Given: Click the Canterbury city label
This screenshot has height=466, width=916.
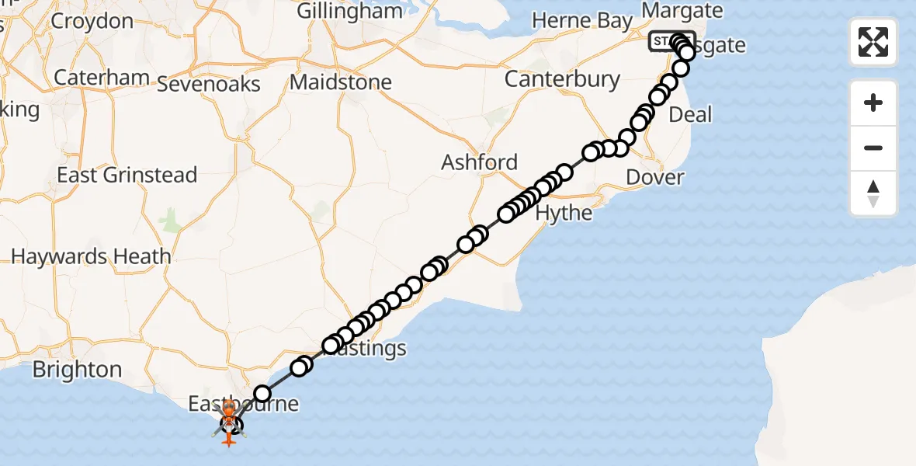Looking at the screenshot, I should click(562, 79).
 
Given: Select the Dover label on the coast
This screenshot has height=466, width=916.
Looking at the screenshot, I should click(654, 177).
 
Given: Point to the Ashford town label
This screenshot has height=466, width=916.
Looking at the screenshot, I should click(479, 162).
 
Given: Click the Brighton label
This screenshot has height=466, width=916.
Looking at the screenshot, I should click(77, 369).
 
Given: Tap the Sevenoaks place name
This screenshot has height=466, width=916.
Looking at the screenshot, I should click(208, 84).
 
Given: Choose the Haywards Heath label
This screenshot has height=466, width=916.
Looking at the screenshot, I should click(91, 256).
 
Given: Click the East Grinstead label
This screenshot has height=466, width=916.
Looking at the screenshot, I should click(127, 175).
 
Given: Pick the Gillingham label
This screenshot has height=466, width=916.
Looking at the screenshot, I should click(351, 11).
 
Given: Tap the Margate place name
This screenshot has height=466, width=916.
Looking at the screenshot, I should click(682, 11).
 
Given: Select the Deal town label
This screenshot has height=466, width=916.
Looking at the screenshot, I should click(690, 115).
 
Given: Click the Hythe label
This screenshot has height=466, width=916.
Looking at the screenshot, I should click(564, 213).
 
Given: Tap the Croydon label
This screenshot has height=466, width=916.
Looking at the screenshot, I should click(92, 21).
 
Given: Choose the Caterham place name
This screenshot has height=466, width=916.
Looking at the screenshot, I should click(101, 78).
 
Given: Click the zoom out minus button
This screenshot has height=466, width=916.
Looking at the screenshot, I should click(873, 148).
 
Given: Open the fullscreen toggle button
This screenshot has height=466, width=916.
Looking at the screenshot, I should click(873, 42).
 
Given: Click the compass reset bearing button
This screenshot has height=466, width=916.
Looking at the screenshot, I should click(873, 193).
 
